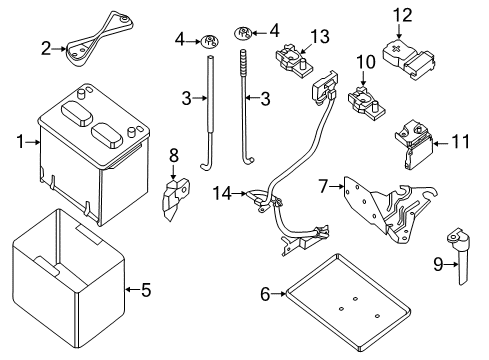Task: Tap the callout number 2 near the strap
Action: click(45, 46)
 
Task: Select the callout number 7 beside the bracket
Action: click(324, 186)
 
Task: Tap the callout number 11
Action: click(458, 143)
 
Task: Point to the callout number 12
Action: click(402, 13)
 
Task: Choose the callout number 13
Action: click(318, 37)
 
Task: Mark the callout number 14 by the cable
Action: click(221, 191)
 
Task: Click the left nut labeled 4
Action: click(210, 41)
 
